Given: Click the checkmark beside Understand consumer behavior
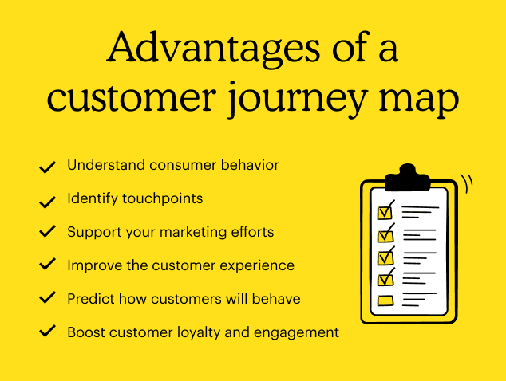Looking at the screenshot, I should click(x=47, y=167).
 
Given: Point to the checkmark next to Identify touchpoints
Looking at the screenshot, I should click(x=47, y=199).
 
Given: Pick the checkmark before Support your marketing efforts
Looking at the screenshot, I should click(x=47, y=232).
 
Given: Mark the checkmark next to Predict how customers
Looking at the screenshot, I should click(x=47, y=298).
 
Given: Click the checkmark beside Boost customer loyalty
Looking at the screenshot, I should click(x=47, y=331).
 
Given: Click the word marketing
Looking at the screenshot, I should click(x=194, y=232).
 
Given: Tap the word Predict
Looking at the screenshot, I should click(x=89, y=298).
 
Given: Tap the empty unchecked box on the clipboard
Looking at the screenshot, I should click(x=385, y=300).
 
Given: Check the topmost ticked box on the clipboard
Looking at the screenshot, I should click(x=385, y=212).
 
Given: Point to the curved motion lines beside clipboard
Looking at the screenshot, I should click(x=468, y=183).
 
